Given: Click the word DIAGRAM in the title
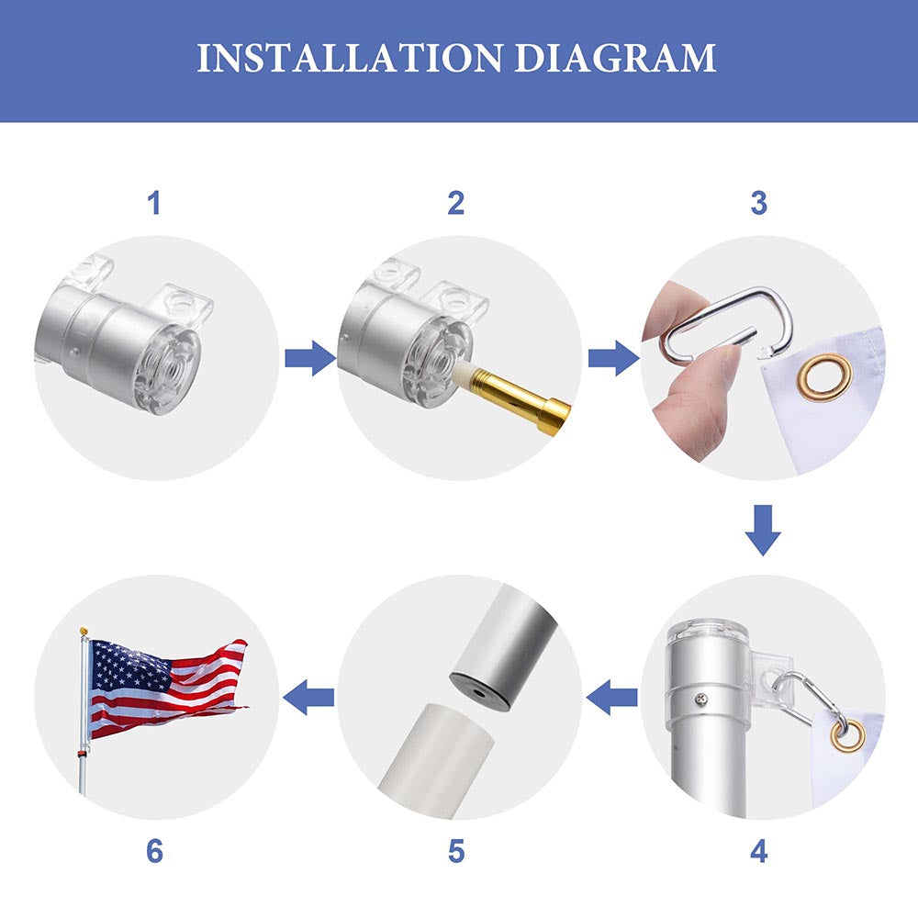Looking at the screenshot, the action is coord(615,57).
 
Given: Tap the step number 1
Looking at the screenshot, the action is coord(154,203).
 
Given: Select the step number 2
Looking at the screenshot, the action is coord(456,203).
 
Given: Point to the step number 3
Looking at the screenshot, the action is coord(759,203).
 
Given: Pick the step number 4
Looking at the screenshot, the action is coord(759,851).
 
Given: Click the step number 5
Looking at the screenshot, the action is coord(456,851).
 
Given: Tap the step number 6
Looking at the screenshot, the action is coord(154,851).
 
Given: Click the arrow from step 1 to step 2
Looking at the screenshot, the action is coord(309,358).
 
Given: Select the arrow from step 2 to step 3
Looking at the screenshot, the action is coord(613,358).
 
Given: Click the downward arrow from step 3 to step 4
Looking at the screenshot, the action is coord(763,531).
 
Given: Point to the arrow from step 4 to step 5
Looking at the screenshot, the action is coord(611,698).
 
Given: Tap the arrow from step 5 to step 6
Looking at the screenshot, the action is coord(308,698).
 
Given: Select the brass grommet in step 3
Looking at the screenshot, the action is coord(827,377).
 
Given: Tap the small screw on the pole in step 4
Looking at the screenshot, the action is coord(701,699).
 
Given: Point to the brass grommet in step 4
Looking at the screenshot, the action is coord(847,735).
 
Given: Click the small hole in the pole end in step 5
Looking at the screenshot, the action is coord(479,692).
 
